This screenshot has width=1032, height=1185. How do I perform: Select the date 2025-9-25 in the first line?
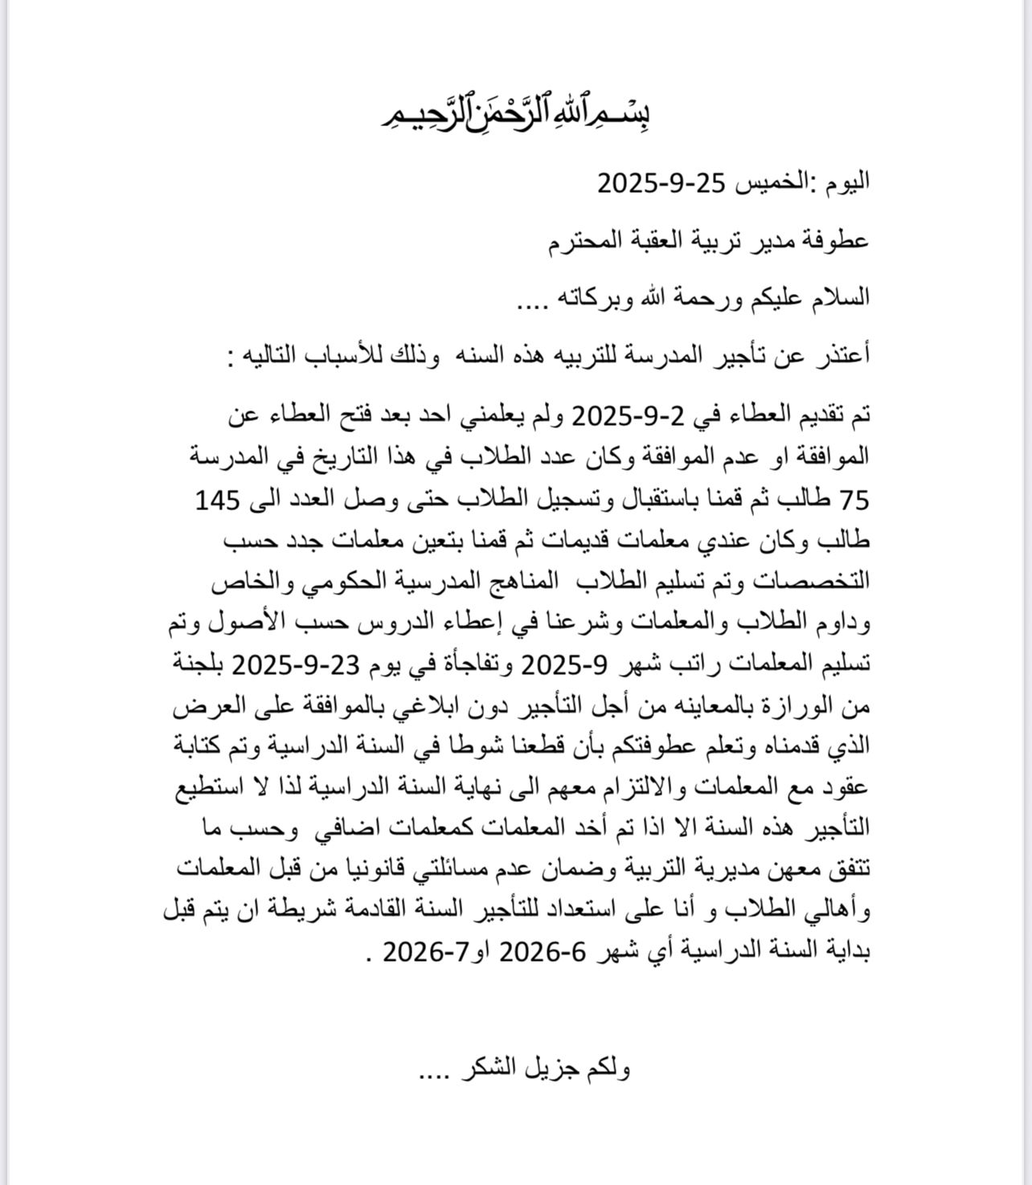coord(661,183)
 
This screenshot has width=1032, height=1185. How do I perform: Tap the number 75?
coord(854,500)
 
